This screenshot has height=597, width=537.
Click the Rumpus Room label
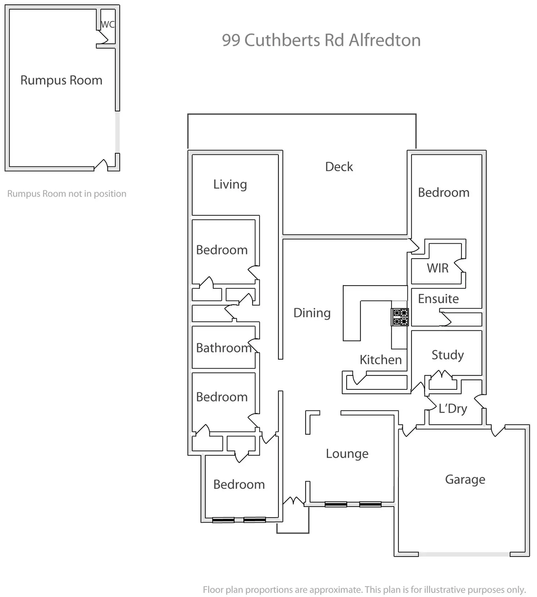pos(61,80)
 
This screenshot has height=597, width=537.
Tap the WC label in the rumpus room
pos(108,24)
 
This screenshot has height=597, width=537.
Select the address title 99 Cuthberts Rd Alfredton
pos(321,40)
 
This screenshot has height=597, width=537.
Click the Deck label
pos(339,167)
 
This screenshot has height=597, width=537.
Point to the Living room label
pos(230,184)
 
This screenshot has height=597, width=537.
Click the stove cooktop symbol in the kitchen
pos(400,317)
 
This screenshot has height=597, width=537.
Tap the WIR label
pos(437,268)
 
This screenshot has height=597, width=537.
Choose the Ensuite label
pos(438,299)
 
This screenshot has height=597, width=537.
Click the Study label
pos(448,355)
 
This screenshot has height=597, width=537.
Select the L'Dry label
pos(453,408)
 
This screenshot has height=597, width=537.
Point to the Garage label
pos(465,479)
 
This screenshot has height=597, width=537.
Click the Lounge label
pos(347,454)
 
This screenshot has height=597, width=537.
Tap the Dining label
pos(312,313)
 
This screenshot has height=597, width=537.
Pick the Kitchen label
pos(380,360)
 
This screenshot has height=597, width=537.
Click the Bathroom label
pos(224,348)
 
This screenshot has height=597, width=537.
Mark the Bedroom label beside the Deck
pos(444,192)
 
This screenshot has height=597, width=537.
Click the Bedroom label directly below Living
pos(222,250)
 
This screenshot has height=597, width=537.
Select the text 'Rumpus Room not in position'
pos(67,194)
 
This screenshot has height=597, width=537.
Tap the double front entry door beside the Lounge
pos(294,501)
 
